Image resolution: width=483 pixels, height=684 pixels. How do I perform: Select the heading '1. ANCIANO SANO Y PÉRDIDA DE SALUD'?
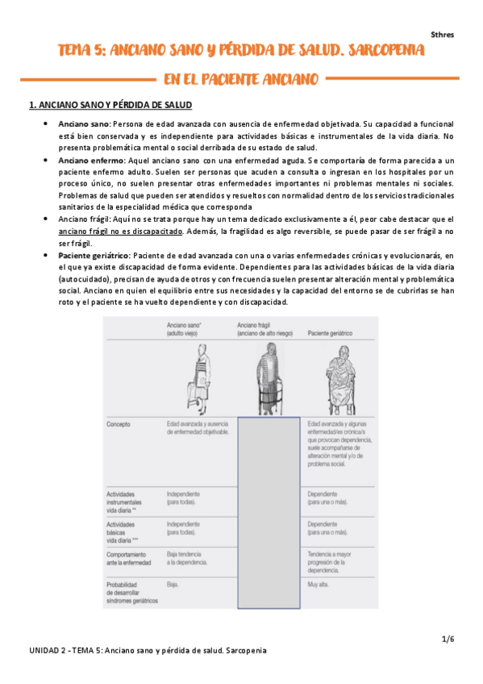(110, 105)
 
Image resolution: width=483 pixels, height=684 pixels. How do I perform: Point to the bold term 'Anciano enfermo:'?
(91, 161)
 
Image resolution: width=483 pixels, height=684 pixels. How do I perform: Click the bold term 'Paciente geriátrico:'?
(96, 256)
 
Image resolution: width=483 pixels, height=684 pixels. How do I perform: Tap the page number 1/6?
(448, 639)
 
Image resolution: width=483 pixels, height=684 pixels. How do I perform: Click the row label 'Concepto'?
(120, 423)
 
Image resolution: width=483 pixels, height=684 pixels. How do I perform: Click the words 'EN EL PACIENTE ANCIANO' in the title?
(240, 79)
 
